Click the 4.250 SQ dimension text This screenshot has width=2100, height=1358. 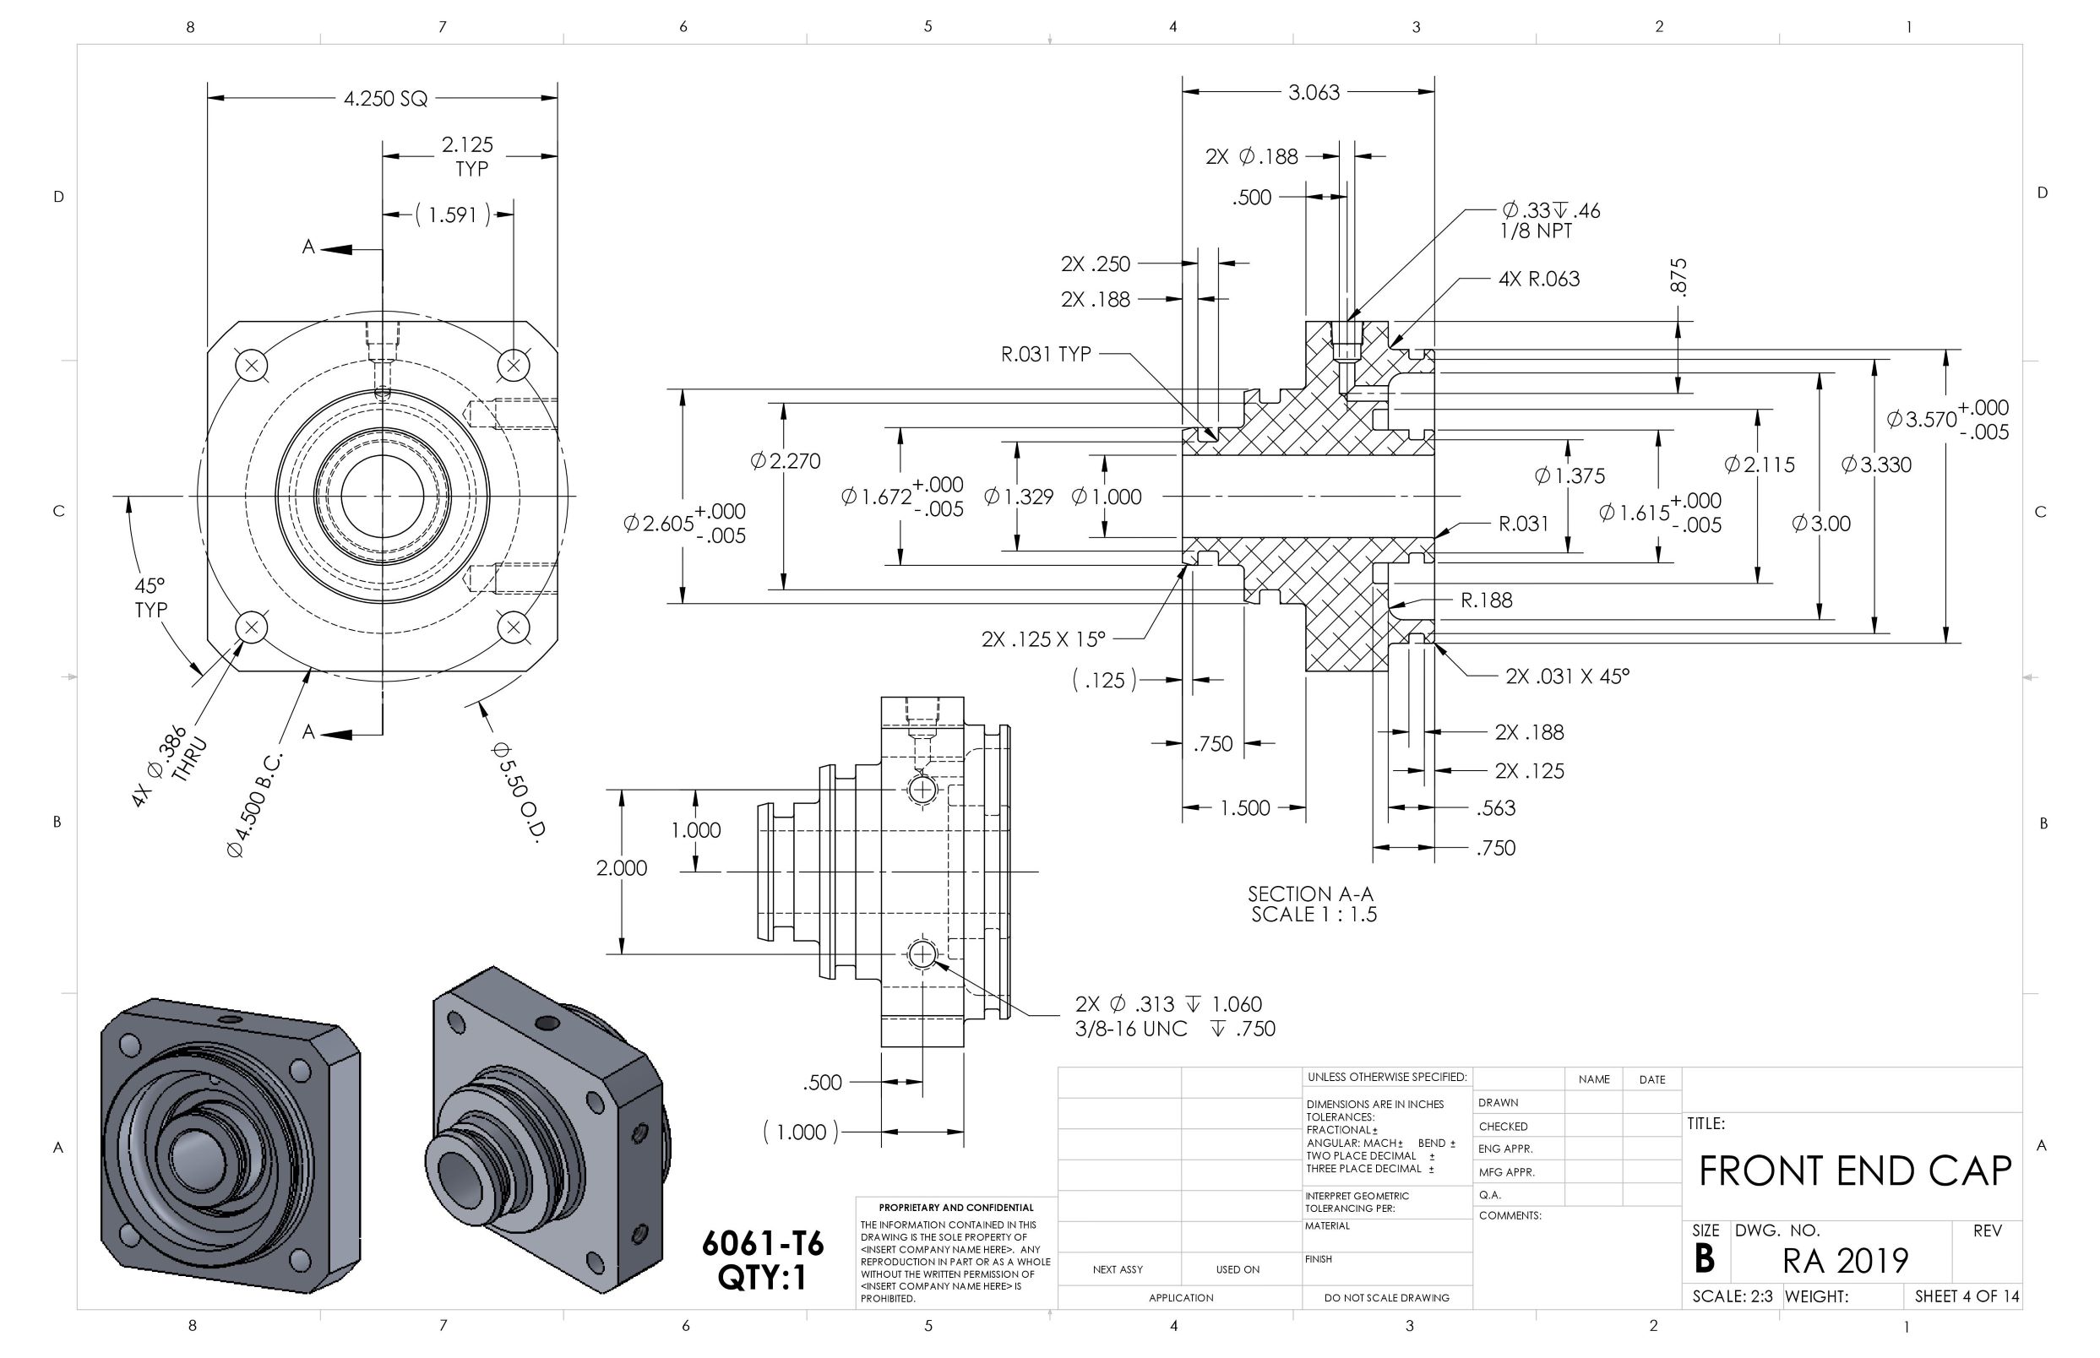pyautogui.click(x=385, y=98)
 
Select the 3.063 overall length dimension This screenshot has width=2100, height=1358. pyautogui.click(x=1313, y=92)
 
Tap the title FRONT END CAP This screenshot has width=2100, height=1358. pyautogui.click(x=1854, y=1171)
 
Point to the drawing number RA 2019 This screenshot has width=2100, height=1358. pyautogui.click(x=1844, y=1260)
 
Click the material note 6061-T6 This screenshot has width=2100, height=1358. pyautogui.click(x=762, y=1243)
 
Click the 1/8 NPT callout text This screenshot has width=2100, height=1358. pyautogui.click(x=1536, y=231)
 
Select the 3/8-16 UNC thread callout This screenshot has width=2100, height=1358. pyautogui.click(x=1131, y=1028)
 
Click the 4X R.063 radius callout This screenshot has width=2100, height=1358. pyautogui.click(x=1539, y=279)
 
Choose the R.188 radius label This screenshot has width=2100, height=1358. pyautogui.click(x=1486, y=600)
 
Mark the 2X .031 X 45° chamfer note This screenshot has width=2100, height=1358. pyautogui.click(x=1567, y=676)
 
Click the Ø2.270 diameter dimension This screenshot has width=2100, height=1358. pyautogui.click(x=785, y=460)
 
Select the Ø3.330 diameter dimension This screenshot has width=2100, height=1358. pyautogui.click(x=1876, y=464)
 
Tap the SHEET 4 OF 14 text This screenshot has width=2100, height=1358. pyautogui.click(x=1966, y=1296)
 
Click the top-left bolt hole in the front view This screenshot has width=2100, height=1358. pyautogui.click(x=252, y=365)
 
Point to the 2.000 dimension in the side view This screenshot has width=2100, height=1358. pyautogui.click(x=622, y=867)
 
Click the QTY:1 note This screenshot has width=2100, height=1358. pyautogui.click(x=762, y=1277)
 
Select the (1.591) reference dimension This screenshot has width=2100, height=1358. pyautogui.click(x=453, y=215)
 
